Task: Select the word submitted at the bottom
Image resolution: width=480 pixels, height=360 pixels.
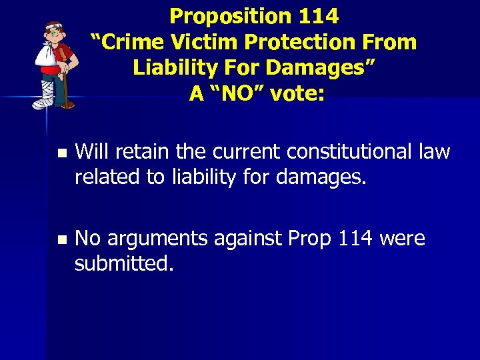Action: [x=124, y=263]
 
